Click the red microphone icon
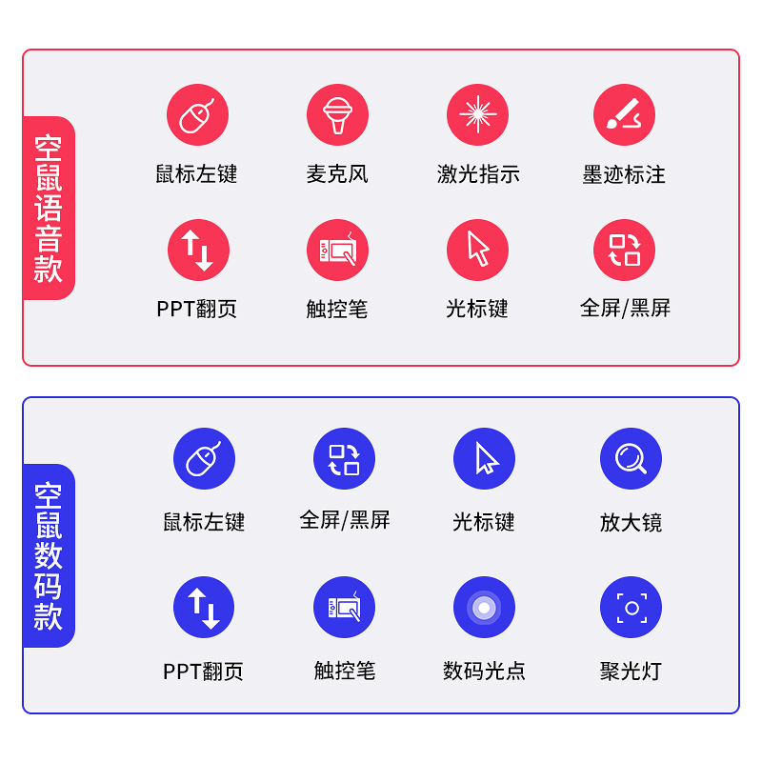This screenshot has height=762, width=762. point(337,115)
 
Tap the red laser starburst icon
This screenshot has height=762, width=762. point(477,115)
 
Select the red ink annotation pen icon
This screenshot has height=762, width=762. point(624,115)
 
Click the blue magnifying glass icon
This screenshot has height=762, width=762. point(631,459)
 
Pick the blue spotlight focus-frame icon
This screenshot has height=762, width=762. point(631,608)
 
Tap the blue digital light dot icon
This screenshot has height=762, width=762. point(484,608)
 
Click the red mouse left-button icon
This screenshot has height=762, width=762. point(197,115)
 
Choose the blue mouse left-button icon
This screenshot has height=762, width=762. point(204,459)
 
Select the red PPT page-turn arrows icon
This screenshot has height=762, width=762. point(198,251)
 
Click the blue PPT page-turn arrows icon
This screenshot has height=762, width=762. point(204,608)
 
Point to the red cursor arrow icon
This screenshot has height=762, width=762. point(477,251)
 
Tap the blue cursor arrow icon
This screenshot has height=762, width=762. point(484,459)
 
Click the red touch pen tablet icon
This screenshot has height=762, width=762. point(337,251)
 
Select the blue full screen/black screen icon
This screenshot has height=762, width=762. point(344,459)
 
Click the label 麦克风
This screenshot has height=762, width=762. point(337,174)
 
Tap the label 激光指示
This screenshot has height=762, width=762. point(478,174)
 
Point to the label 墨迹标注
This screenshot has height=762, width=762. point(624,175)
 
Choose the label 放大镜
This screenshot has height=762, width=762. point(631,522)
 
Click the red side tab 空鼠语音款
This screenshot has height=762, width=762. point(49,208)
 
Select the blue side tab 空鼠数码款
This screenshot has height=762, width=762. point(49,555)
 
